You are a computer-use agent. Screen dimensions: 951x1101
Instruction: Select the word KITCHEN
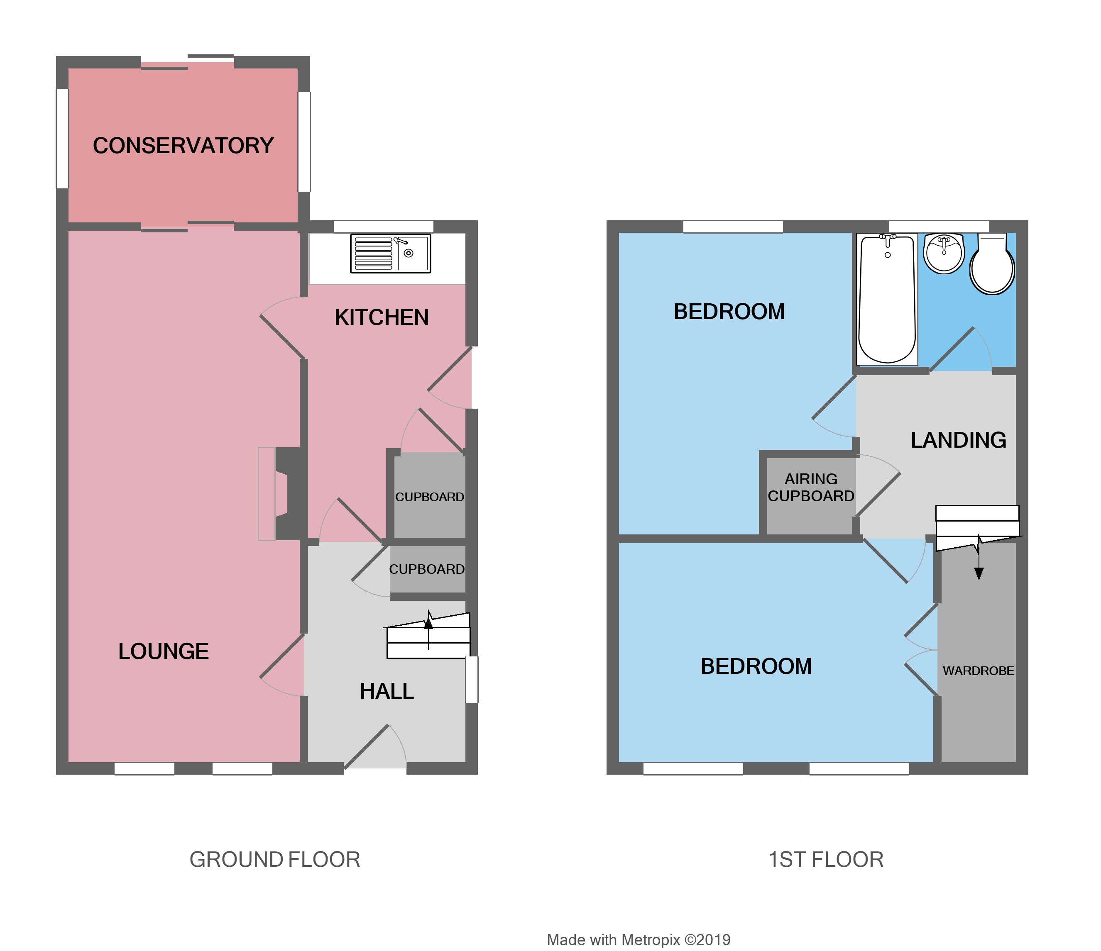(x=381, y=317)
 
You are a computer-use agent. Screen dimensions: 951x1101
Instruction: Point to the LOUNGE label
(x=163, y=651)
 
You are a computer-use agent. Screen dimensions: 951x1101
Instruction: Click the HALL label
(x=387, y=691)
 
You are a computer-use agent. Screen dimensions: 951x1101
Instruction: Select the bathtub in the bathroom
(x=887, y=300)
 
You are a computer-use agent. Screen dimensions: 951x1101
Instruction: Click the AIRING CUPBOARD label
(x=810, y=488)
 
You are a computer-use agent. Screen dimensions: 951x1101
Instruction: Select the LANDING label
(x=958, y=440)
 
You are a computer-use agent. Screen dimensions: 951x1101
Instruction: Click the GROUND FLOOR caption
(x=275, y=859)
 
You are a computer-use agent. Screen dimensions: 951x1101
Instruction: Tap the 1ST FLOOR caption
(x=826, y=859)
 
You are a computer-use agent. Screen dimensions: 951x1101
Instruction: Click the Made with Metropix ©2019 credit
(x=638, y=939)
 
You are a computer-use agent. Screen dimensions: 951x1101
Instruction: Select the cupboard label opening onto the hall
(x=427, y=569)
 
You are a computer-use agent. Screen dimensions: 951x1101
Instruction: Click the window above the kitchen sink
(x=383, y=227)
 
